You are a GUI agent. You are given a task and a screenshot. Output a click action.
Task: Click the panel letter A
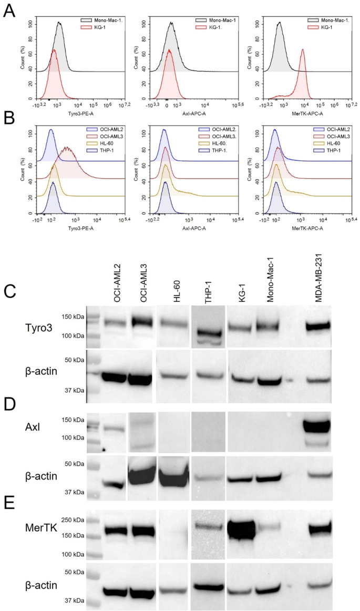pos(9,11)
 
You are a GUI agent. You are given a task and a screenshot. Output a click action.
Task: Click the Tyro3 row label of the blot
pos(50,326)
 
